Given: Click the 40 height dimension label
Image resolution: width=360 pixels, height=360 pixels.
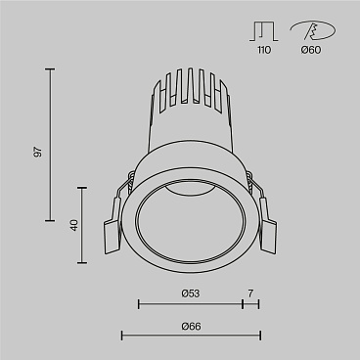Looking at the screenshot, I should point(73,224).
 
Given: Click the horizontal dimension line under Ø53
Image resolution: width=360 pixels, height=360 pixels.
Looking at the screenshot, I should point(190,305).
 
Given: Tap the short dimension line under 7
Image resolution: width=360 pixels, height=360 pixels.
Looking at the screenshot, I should point(250,305).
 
